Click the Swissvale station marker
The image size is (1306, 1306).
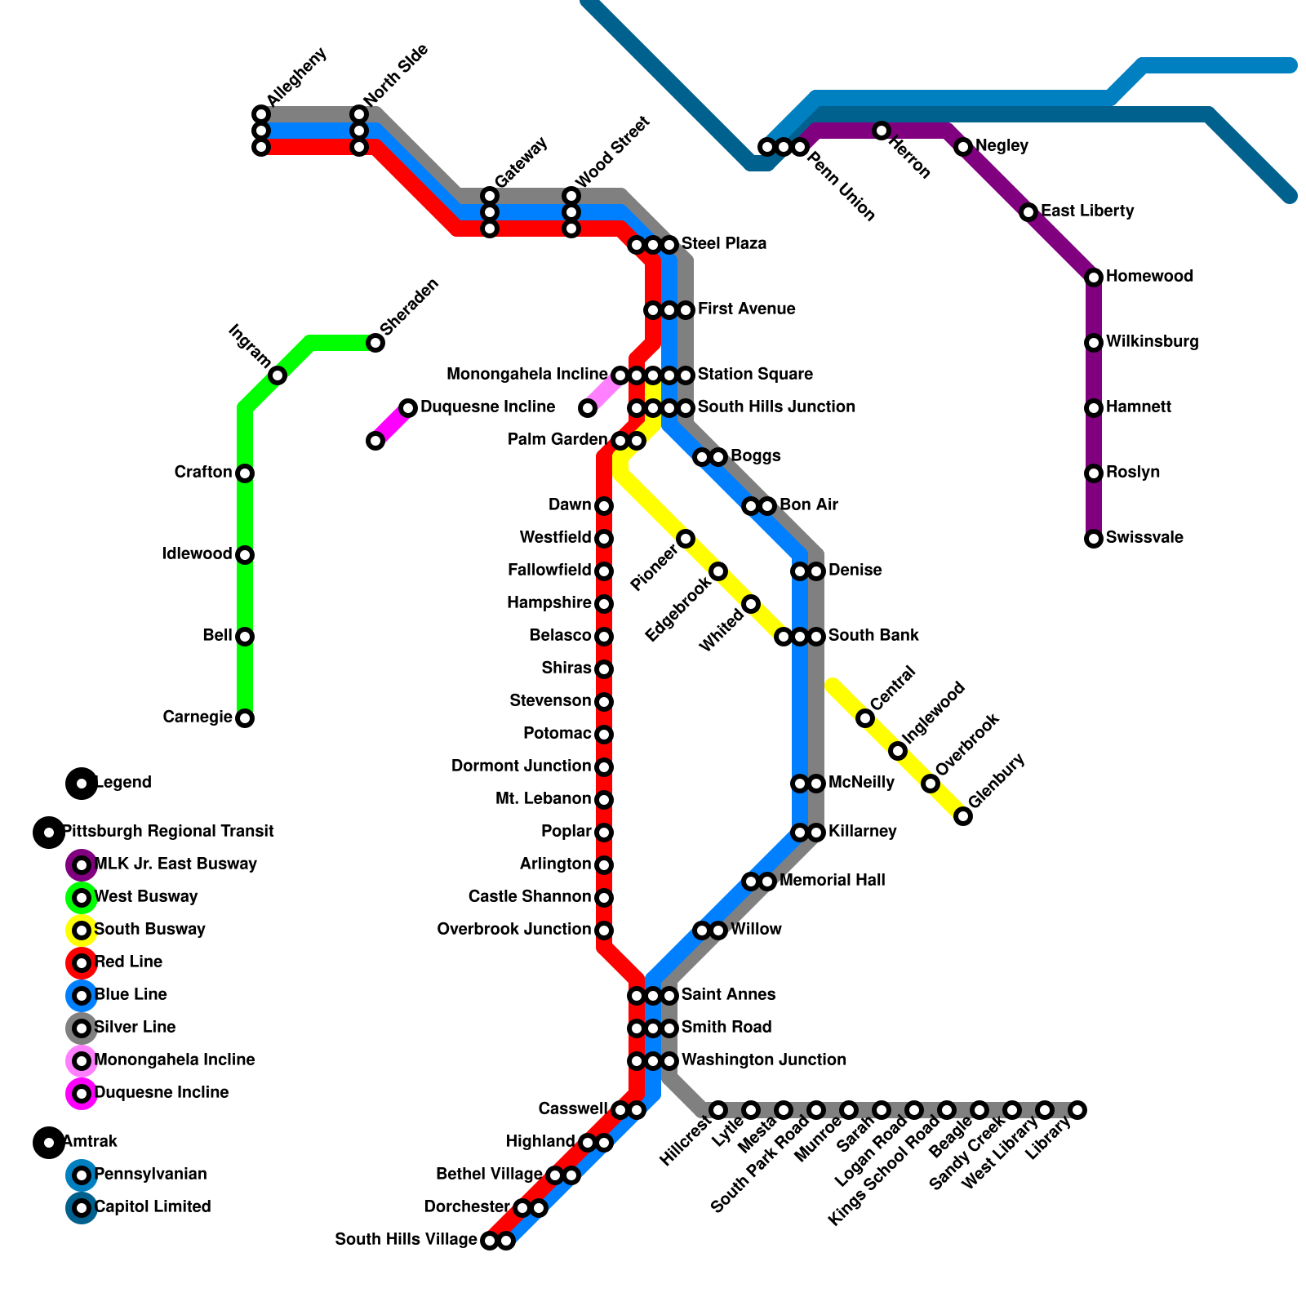1094,539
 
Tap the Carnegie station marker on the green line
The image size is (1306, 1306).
245,718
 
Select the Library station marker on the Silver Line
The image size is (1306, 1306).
1077,1110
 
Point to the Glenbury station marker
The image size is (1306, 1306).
963,816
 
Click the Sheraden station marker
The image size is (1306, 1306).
375,343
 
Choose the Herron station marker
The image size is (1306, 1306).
882,131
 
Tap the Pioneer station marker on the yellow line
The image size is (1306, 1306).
686,539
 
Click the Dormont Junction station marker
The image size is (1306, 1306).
604,767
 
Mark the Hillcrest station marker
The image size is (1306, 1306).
718,1110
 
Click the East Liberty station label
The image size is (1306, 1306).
1087,211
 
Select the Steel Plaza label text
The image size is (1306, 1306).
724,244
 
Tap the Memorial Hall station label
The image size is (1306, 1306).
832,881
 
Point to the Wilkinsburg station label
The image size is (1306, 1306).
1152,342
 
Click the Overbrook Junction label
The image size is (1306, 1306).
513,930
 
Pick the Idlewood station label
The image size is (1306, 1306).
197,554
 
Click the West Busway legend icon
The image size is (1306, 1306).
82,898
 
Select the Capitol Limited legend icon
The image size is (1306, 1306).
82,1208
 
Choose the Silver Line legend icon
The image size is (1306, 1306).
82,1028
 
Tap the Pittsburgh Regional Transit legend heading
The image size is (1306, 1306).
168,832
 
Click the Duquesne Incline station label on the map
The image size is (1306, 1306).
487,407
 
